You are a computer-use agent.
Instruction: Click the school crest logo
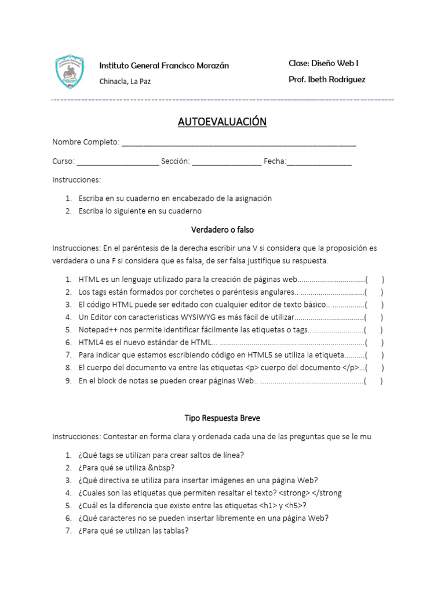coord(69,72)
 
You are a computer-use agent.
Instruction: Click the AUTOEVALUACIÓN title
coord(222,122)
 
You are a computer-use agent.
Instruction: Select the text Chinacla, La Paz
coord(125,82)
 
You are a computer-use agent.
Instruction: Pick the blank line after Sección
coord(227,162)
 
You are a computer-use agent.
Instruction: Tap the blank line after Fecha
coord(319,162)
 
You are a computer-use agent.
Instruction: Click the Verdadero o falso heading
coord(222,230)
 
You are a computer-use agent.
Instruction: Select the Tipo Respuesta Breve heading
coord(222,418)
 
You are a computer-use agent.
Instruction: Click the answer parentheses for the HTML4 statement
coord(374,343)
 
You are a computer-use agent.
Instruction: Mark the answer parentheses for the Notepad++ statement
coord(374,330)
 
